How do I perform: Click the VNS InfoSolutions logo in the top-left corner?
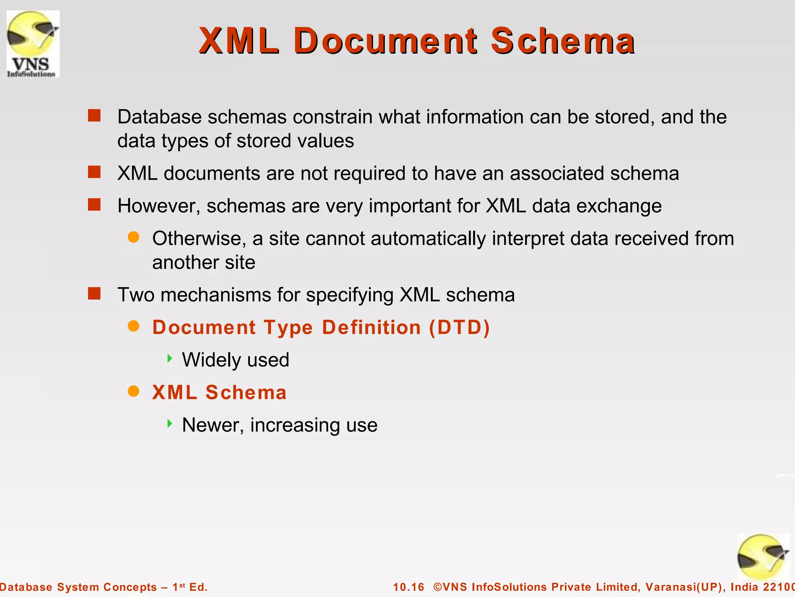(x=33, y=44)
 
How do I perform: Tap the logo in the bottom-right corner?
(x=763, y=557)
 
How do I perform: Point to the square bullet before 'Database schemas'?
(x=94, y=115)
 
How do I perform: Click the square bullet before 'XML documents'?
(x=94, y=172)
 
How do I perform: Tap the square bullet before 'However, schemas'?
(x=94, y=204)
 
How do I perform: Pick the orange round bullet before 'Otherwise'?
(x=134, y=237)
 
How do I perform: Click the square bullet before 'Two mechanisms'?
(x=94, y=293)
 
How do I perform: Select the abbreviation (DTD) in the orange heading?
(x=460, y=327)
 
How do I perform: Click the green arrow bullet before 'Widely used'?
(x=169, y=358)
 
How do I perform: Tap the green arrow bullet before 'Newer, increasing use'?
(x=169, y=423)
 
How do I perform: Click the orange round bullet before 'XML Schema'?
(x=134, y=391)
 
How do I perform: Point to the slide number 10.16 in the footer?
(x=409, y=587)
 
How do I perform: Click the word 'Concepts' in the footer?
(x=130, y=587)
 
